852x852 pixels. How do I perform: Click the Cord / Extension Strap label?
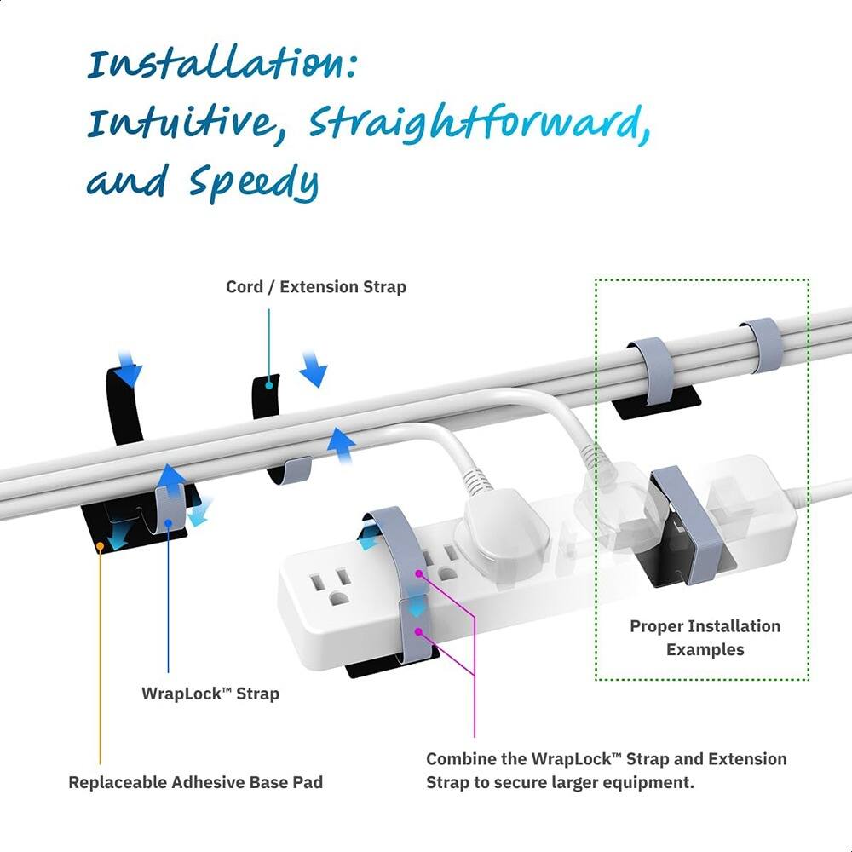(x=315, y=287)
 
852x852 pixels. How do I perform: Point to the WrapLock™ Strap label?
(x=210, y=694)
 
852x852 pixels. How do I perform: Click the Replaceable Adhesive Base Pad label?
(x=195, y=781)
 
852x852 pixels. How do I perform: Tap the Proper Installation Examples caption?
(x=705, y=638)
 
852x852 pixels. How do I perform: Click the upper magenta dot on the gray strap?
(x=418, y=574)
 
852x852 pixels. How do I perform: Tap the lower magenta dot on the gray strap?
(x=418, y=630)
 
